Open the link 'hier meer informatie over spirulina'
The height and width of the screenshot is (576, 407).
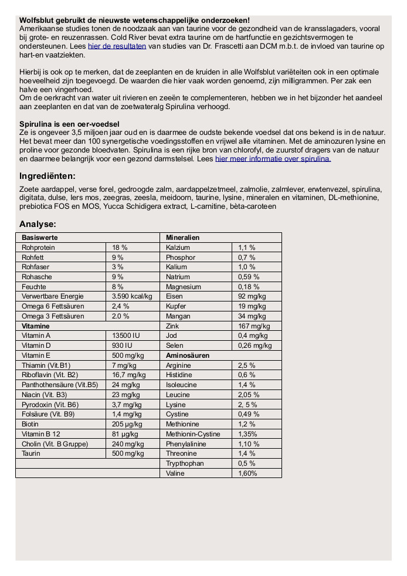click(x=273, y=158)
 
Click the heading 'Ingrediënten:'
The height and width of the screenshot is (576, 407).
click(x=48, y=176)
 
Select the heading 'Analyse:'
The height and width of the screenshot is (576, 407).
click(x=38, y=224)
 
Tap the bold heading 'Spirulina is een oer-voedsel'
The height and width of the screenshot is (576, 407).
click(x=69, y=124)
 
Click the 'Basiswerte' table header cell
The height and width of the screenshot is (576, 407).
click(x=40, y=238)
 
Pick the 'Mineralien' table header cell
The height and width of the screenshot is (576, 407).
click(x=182, y=238)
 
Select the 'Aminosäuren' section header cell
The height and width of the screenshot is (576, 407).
click(x=188, y=355)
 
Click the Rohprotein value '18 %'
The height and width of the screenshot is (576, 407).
click(x=120, y=248)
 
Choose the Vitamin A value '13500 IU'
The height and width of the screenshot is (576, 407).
click(x=126, y=336)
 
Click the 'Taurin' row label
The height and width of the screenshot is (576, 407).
click(x=31, y=453)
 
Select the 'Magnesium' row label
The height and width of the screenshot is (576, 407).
click(x=184, y=287)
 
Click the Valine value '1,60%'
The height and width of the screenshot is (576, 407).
click(x=247, y=473)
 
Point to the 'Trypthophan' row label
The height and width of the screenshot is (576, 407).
click(x=185, y=463)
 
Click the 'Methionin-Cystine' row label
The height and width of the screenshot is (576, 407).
click(x=193, y=434)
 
